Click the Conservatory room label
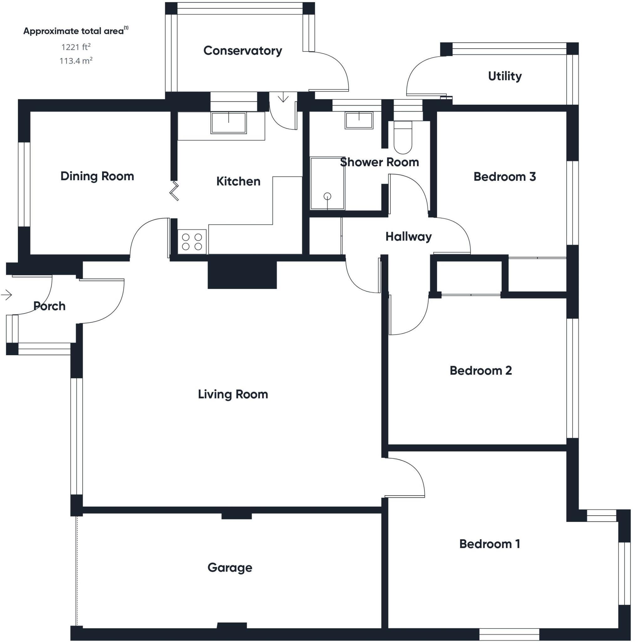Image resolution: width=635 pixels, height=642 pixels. click(x=242, y=50)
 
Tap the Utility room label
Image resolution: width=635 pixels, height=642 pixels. click(x=504, y=76)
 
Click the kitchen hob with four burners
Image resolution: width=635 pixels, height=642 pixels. click(x=192, y=242)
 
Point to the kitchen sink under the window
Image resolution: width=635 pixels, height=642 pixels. click(x=228, y=123)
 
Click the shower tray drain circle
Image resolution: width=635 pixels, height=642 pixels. click(x=327, y=196)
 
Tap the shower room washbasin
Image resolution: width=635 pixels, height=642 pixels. click(x=359, y=120)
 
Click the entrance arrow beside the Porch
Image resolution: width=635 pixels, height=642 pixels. click(x=7, y=294)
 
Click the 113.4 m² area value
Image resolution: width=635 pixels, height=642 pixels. click(x=76, y=61)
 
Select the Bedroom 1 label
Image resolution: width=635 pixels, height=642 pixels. click(x=489, y=544)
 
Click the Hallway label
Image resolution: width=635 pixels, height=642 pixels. click(x=408, y=237)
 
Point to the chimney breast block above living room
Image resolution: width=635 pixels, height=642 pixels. click(x=242, y=275)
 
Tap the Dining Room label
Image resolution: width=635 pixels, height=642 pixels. click(x=97, y=176)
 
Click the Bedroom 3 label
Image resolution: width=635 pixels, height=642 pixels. click(x=504, y=177)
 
